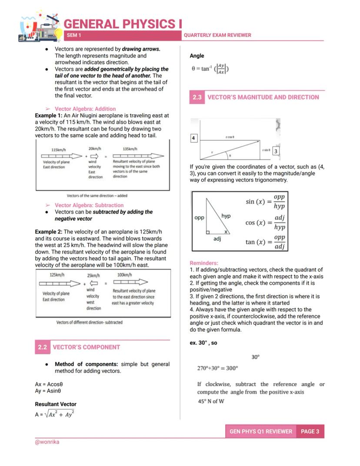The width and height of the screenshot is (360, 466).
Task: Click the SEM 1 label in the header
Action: point(74,35)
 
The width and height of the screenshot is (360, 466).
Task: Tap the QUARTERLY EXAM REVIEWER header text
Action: point(217,35)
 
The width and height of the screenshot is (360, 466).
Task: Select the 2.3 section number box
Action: point(197,97)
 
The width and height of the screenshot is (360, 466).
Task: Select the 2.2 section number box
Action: point(42,347)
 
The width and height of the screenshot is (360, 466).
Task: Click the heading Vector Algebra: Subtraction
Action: point(89,205)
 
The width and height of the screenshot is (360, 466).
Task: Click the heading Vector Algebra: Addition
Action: point(85,109)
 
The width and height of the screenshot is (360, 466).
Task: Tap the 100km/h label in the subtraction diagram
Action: point(125,275)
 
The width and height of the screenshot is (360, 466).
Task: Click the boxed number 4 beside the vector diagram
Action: point(194,138)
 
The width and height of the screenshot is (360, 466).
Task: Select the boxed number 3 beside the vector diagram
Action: point(276,151)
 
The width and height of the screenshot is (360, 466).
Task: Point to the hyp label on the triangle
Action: point(226,216)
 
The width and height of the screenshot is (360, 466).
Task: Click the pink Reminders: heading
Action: point(204,263)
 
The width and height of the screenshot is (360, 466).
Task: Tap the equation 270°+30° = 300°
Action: point(218,368)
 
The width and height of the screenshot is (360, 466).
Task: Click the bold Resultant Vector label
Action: point(56,404)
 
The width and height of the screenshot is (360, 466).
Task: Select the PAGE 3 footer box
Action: point(310,431)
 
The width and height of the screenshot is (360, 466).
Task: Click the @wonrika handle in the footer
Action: point(47,442)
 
